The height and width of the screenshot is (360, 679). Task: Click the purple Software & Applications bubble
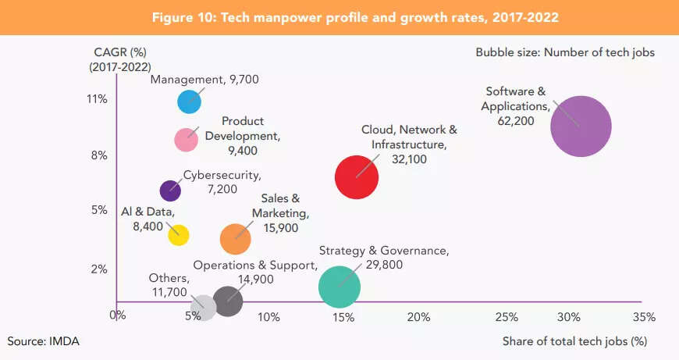(x=580, y=126)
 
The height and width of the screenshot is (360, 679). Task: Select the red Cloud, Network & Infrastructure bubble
(x=357, y=177)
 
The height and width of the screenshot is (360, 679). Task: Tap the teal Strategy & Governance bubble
(x=339, y=287)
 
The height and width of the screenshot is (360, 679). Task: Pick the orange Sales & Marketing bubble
(x=236, y=239)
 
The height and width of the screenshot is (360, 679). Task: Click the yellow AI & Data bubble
(x=179, y=233)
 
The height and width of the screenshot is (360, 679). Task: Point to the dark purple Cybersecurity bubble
(x=170, y=190)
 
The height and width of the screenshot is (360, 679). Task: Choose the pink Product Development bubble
(x=186, y=140)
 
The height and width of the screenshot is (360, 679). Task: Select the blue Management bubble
(x=190, y=102)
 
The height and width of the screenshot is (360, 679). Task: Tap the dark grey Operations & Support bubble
(x=228, y=300)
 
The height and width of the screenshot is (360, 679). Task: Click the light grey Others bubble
(x=203, y=305)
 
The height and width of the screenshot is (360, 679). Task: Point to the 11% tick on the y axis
(x=98, y=99)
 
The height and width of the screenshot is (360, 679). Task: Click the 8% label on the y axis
(x=98, y=155)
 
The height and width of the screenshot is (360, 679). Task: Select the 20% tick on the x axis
(x=419, y=317)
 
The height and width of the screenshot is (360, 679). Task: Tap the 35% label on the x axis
(x=644, y=317)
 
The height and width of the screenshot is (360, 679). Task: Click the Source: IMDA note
(x=44, y=341)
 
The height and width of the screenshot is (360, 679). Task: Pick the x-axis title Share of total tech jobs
(x=574, y=341)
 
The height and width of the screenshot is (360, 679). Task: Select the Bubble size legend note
(x=565, y=53)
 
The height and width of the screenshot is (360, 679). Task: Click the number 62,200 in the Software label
(x=516, y=121)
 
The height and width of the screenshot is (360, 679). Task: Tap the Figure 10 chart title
(x=339, y=17)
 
